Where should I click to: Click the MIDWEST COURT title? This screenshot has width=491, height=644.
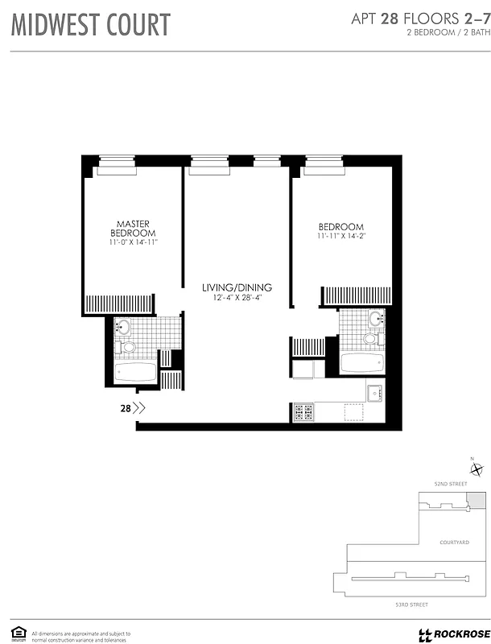tap(90, 25)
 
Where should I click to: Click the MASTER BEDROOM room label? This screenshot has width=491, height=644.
tap(134, 229)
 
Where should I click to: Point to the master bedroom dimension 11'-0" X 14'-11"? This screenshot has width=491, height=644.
tap(134, 242)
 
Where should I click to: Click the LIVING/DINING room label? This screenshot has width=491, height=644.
tap(237, 287)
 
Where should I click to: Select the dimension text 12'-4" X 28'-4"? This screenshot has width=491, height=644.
tap(237, 298)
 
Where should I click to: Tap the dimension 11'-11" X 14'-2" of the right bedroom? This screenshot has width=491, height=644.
tap(341, 237)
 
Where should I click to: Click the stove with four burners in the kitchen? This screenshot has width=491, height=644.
tap(303, 412)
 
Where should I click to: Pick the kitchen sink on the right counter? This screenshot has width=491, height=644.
tap(374, 394)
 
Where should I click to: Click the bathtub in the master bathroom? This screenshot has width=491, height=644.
tap(135, 373)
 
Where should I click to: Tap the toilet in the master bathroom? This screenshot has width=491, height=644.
tap(126, 348)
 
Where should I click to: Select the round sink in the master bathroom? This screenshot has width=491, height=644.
tap(122, 328)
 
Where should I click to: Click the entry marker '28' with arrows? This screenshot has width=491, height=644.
tap(132, 408)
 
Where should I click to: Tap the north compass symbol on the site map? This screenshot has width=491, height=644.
tap(477, 471)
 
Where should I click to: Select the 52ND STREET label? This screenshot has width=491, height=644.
tap(451, 484)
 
